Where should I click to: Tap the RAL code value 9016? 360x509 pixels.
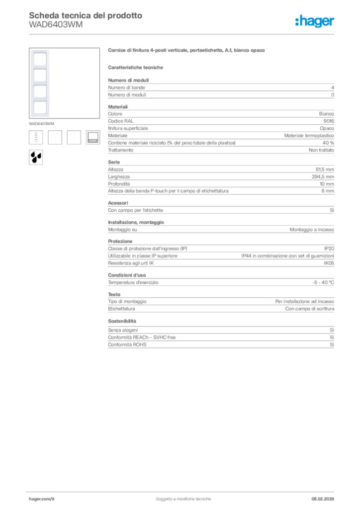point(329,121)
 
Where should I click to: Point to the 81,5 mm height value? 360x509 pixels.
point(325,170)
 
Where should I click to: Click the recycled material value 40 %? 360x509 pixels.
point(328,143)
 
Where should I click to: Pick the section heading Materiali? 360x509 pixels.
point(118,107)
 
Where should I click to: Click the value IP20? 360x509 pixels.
point(329,249)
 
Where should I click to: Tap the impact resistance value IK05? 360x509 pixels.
point(329,263)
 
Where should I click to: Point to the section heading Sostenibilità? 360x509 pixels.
point(122,321)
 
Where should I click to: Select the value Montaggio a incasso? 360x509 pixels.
point(312,230)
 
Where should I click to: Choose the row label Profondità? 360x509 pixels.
point(119,184)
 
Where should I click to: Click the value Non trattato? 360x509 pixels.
point(321,150)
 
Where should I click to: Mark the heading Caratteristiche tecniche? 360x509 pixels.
point(135,67)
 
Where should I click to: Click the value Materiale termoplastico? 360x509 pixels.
point(309,135)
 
